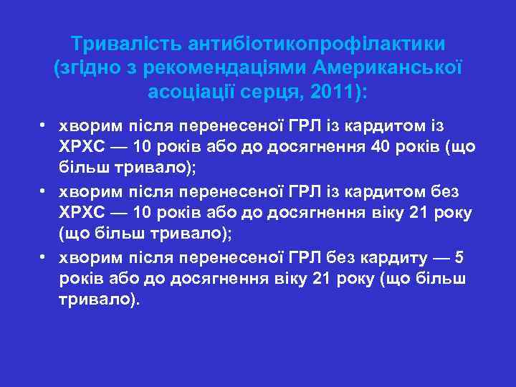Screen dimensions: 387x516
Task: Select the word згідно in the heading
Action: (90, 68)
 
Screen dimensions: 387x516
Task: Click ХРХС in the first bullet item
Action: (82, 147)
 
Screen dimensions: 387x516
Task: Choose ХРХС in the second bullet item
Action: (82, 213)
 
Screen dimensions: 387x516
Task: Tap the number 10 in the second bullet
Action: (143, 213)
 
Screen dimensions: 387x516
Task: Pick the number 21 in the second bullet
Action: (421, 213)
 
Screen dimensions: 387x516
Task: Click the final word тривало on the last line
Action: (95, 300)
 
